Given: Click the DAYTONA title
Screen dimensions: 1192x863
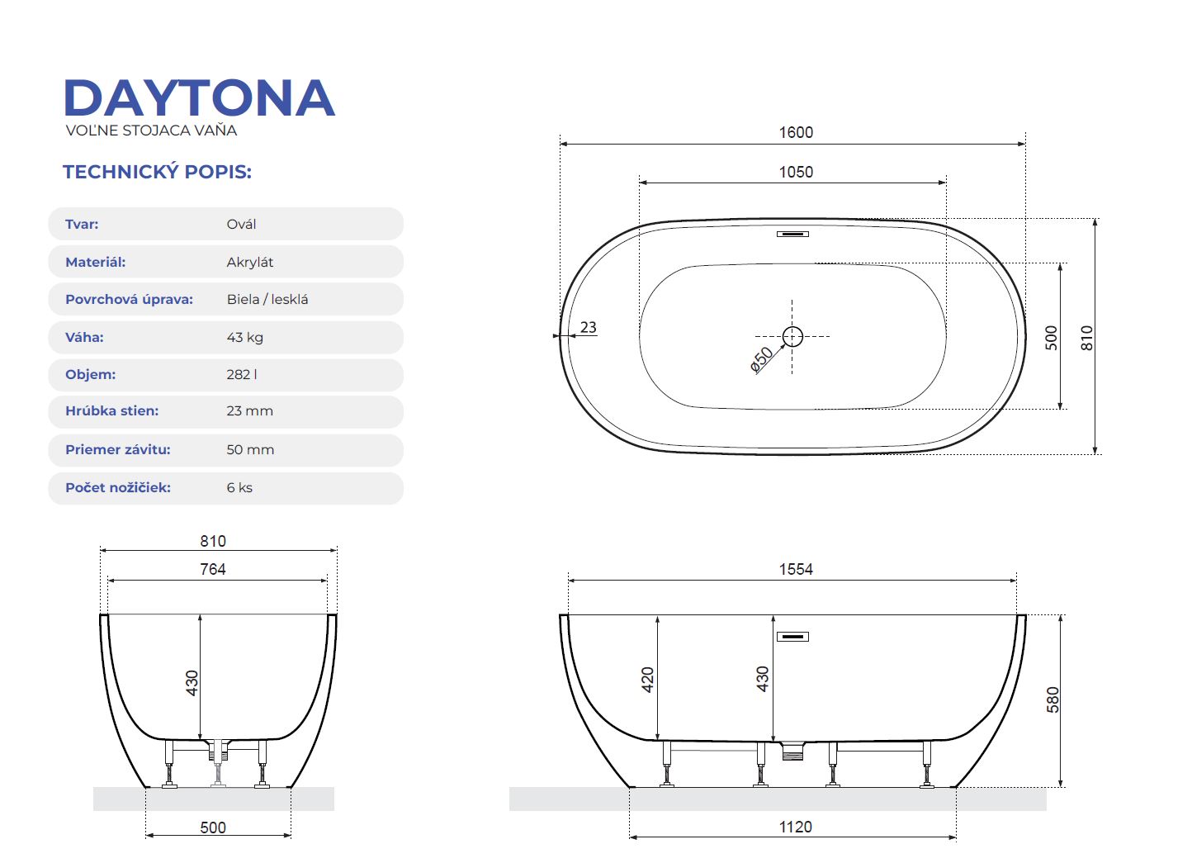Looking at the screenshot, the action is coord(200,97).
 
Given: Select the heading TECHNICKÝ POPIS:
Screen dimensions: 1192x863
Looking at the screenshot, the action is coord(157,172).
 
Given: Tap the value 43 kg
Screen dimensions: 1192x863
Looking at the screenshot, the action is coord(245,338).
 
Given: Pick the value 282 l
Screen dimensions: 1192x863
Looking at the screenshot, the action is coord(242,374).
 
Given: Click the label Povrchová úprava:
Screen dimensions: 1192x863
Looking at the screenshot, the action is coord(130,300).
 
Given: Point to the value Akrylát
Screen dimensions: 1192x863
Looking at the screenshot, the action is coord(249,262).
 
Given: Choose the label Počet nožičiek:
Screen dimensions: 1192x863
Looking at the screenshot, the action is coord(118,488).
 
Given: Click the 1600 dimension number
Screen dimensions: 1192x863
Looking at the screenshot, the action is coord(796,133).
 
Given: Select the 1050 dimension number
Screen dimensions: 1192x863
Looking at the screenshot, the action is coord(796,172).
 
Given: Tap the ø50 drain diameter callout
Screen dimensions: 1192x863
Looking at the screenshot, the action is coord(761,359).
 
